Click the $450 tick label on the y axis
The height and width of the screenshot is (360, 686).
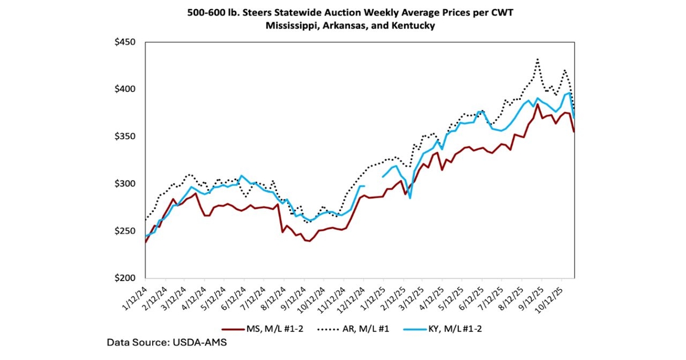pos(125,42)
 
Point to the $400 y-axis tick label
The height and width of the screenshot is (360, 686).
pos(125,89)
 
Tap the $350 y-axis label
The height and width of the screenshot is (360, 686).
pos(125,137)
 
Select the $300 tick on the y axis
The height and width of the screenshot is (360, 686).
pos(125,183)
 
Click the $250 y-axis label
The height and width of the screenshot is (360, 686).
pos(125,231)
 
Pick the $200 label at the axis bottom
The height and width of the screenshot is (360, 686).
pos(125,278)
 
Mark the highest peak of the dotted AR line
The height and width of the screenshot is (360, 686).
pos(537,59)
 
